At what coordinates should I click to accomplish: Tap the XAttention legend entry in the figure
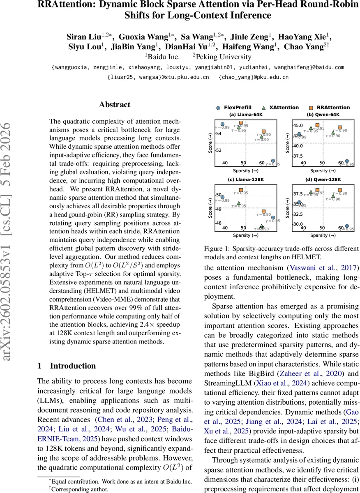(280, 108)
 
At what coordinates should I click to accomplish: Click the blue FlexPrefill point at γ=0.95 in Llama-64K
(273, 161)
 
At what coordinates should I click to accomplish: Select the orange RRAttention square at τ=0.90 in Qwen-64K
(339, 127)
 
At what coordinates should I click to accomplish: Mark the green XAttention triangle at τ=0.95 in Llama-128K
(238, 203)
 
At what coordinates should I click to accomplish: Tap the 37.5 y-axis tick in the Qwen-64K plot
(297, 156)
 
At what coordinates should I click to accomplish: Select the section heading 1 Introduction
(67, 366)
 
